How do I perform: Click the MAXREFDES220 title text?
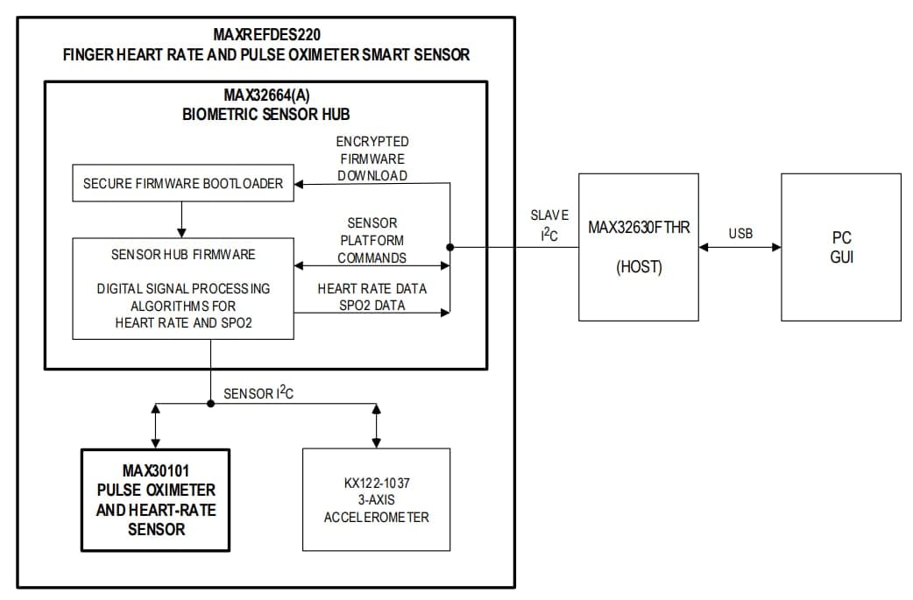pyautogui.click(x=266, y=35)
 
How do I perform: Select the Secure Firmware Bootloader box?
pyautogui.click(x=183, y=184)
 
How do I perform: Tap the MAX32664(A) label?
pyautogui.click(x=265, y=95)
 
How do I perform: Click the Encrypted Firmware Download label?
pyautogui.click(x=372, y=159)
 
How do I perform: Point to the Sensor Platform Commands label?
pyautogui.click(x=372, y=240)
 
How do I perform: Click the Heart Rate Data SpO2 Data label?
pyautogui.click(x=372, y=296)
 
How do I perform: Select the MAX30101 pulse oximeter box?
pyautogui.click(x=155, y=499)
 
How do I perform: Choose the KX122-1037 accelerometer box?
pyautogui.click(x=376, y=499)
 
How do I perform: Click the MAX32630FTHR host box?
pyautogui.click(x=639, y=247)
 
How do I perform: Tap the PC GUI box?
pyautogui.click(x=841, y=247)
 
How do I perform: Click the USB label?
pyautogui.click(x=740, y=234)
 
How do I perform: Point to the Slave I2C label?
pyautogui.click(x=549, y=225)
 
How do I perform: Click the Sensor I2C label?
pyautogui.click(x=258, y=393)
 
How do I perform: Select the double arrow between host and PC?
pyautogui.click(x=740, y=247)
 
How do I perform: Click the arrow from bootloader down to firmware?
pyautogui.click(x=181, y=219)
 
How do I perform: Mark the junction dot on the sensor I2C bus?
pyautogui.click(x=210, y=404)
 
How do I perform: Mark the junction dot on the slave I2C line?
pyautogui.click(x=449, y=247)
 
